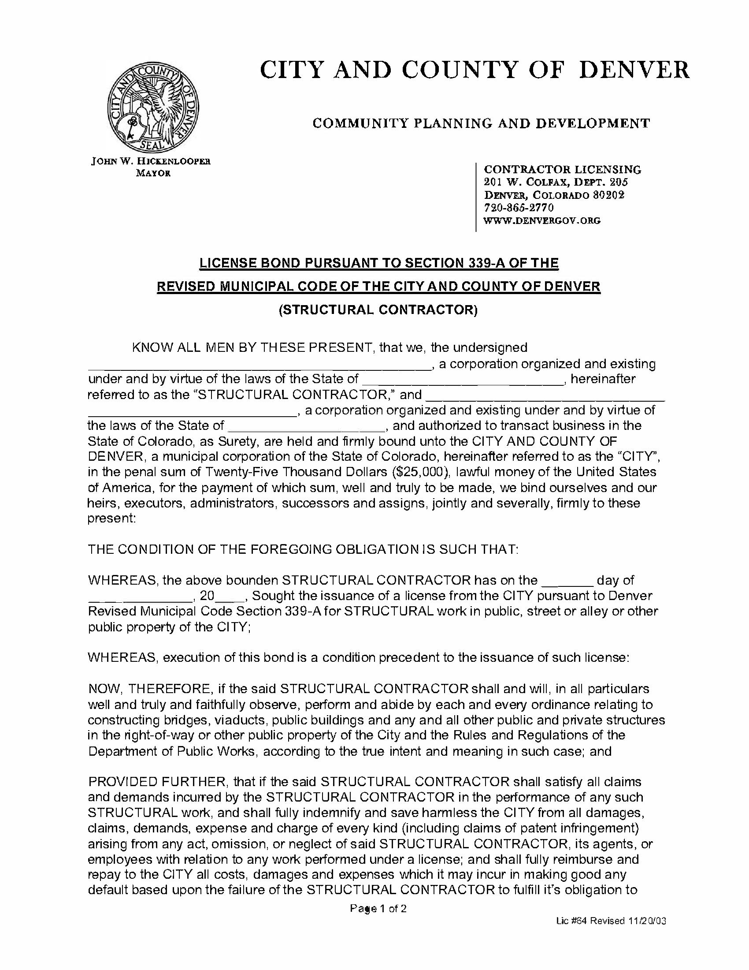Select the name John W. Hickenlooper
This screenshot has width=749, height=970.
[151, 161]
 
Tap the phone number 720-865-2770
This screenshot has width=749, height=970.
[519, 207]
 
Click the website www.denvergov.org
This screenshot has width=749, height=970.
[542, 220]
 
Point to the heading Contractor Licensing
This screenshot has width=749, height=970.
[562, 169]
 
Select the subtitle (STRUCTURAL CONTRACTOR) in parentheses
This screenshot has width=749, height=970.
[378, 310]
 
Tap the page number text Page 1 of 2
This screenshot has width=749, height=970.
[378, 908]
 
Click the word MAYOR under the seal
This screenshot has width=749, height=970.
[153, 173]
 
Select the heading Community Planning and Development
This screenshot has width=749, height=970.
[481, 123]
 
